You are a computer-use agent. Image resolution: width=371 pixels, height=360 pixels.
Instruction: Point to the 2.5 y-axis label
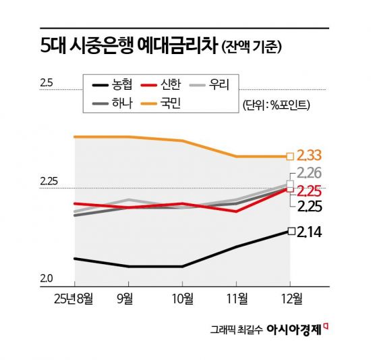tap(46, 84)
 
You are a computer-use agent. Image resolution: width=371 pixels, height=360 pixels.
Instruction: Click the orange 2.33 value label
tap(311, 156)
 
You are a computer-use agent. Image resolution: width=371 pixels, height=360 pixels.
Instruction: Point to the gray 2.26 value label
tap(311, 173)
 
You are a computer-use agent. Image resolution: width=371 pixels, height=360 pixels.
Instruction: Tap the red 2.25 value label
tap(311, 190)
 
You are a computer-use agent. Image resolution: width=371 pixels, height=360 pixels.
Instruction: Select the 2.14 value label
tap(311, 232)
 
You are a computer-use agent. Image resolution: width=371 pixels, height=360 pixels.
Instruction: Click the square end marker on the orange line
tap(290, 156)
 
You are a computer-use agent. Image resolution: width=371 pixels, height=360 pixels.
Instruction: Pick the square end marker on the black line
tap(291, 231)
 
